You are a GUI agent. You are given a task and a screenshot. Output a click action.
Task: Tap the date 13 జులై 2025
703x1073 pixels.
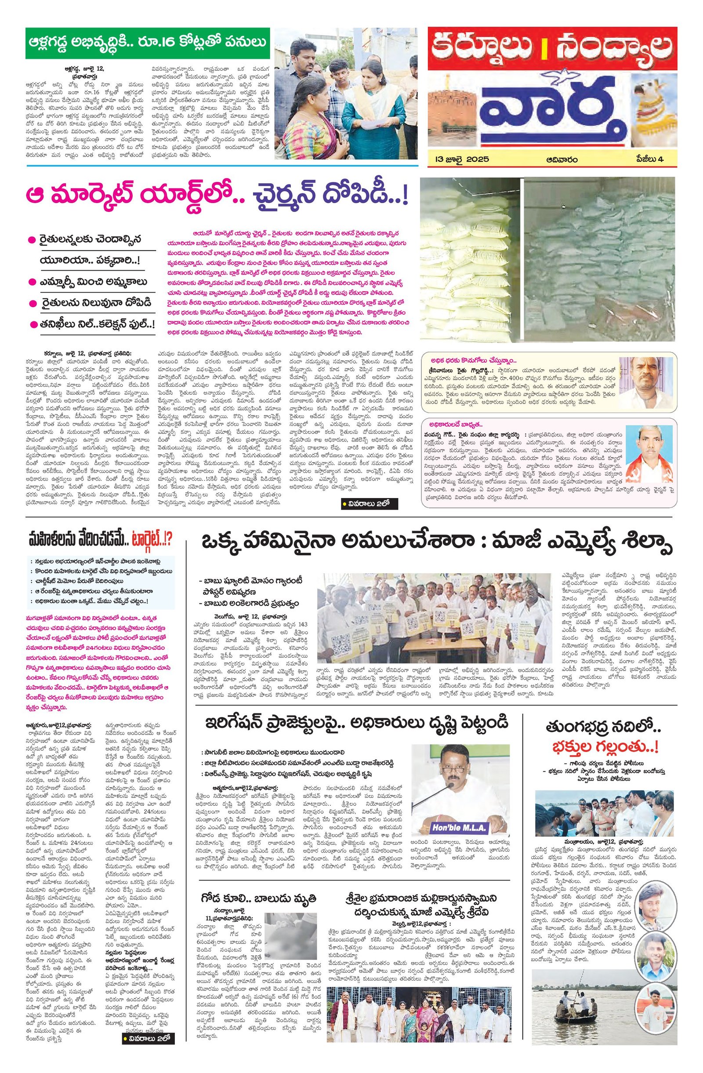click(x=459, y=159)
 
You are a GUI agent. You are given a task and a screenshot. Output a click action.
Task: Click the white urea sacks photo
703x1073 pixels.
click(x=469, y=259)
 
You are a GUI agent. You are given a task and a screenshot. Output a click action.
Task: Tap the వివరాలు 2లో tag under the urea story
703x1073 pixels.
click(x=369, y=503)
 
